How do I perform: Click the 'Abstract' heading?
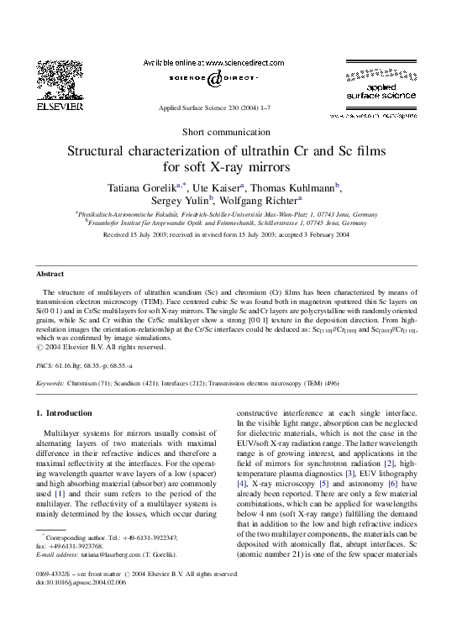[52, 274]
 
